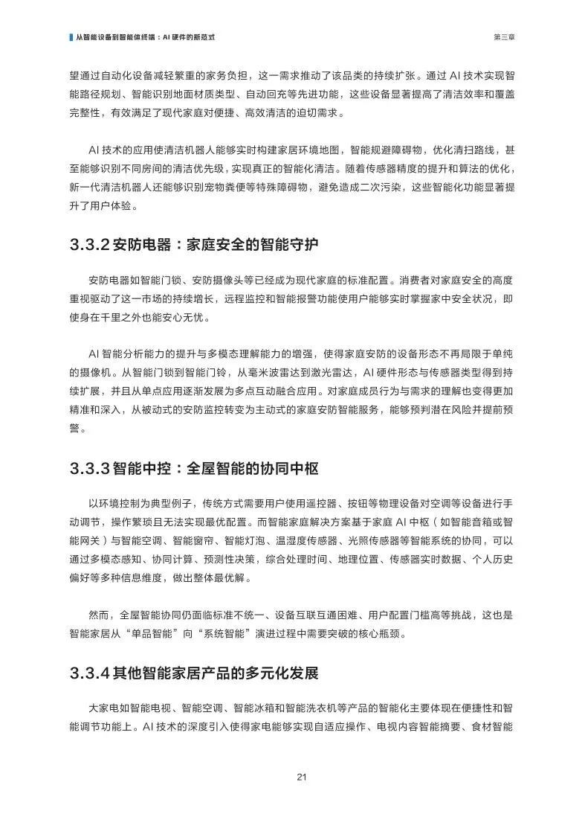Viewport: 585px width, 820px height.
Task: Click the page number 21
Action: [x=301, y=778]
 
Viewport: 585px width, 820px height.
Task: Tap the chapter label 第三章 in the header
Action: [x=502, y=36]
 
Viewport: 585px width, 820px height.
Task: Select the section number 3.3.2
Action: [x=91, y=244]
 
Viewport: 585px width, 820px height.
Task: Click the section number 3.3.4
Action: [x=91, y=673]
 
